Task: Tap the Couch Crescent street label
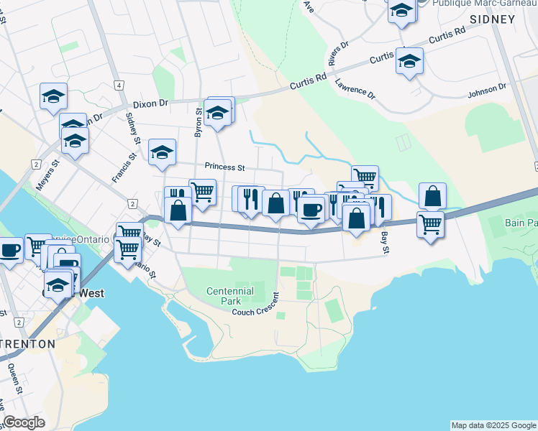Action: pyautogui.click(x=255, y=312)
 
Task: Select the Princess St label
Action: pyautogui.click(x=225, y=167)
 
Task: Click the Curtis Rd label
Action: pyautogui.click(x=309, y=81)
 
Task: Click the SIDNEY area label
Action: pyautogui.click(x=492, y=19)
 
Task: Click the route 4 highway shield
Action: pyautogui.click(x=117, y=85)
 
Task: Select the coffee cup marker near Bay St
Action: pyautogui.click(x=311, y=209)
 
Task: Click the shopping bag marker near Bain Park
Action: pyautogui.click(x=432, y=195)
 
